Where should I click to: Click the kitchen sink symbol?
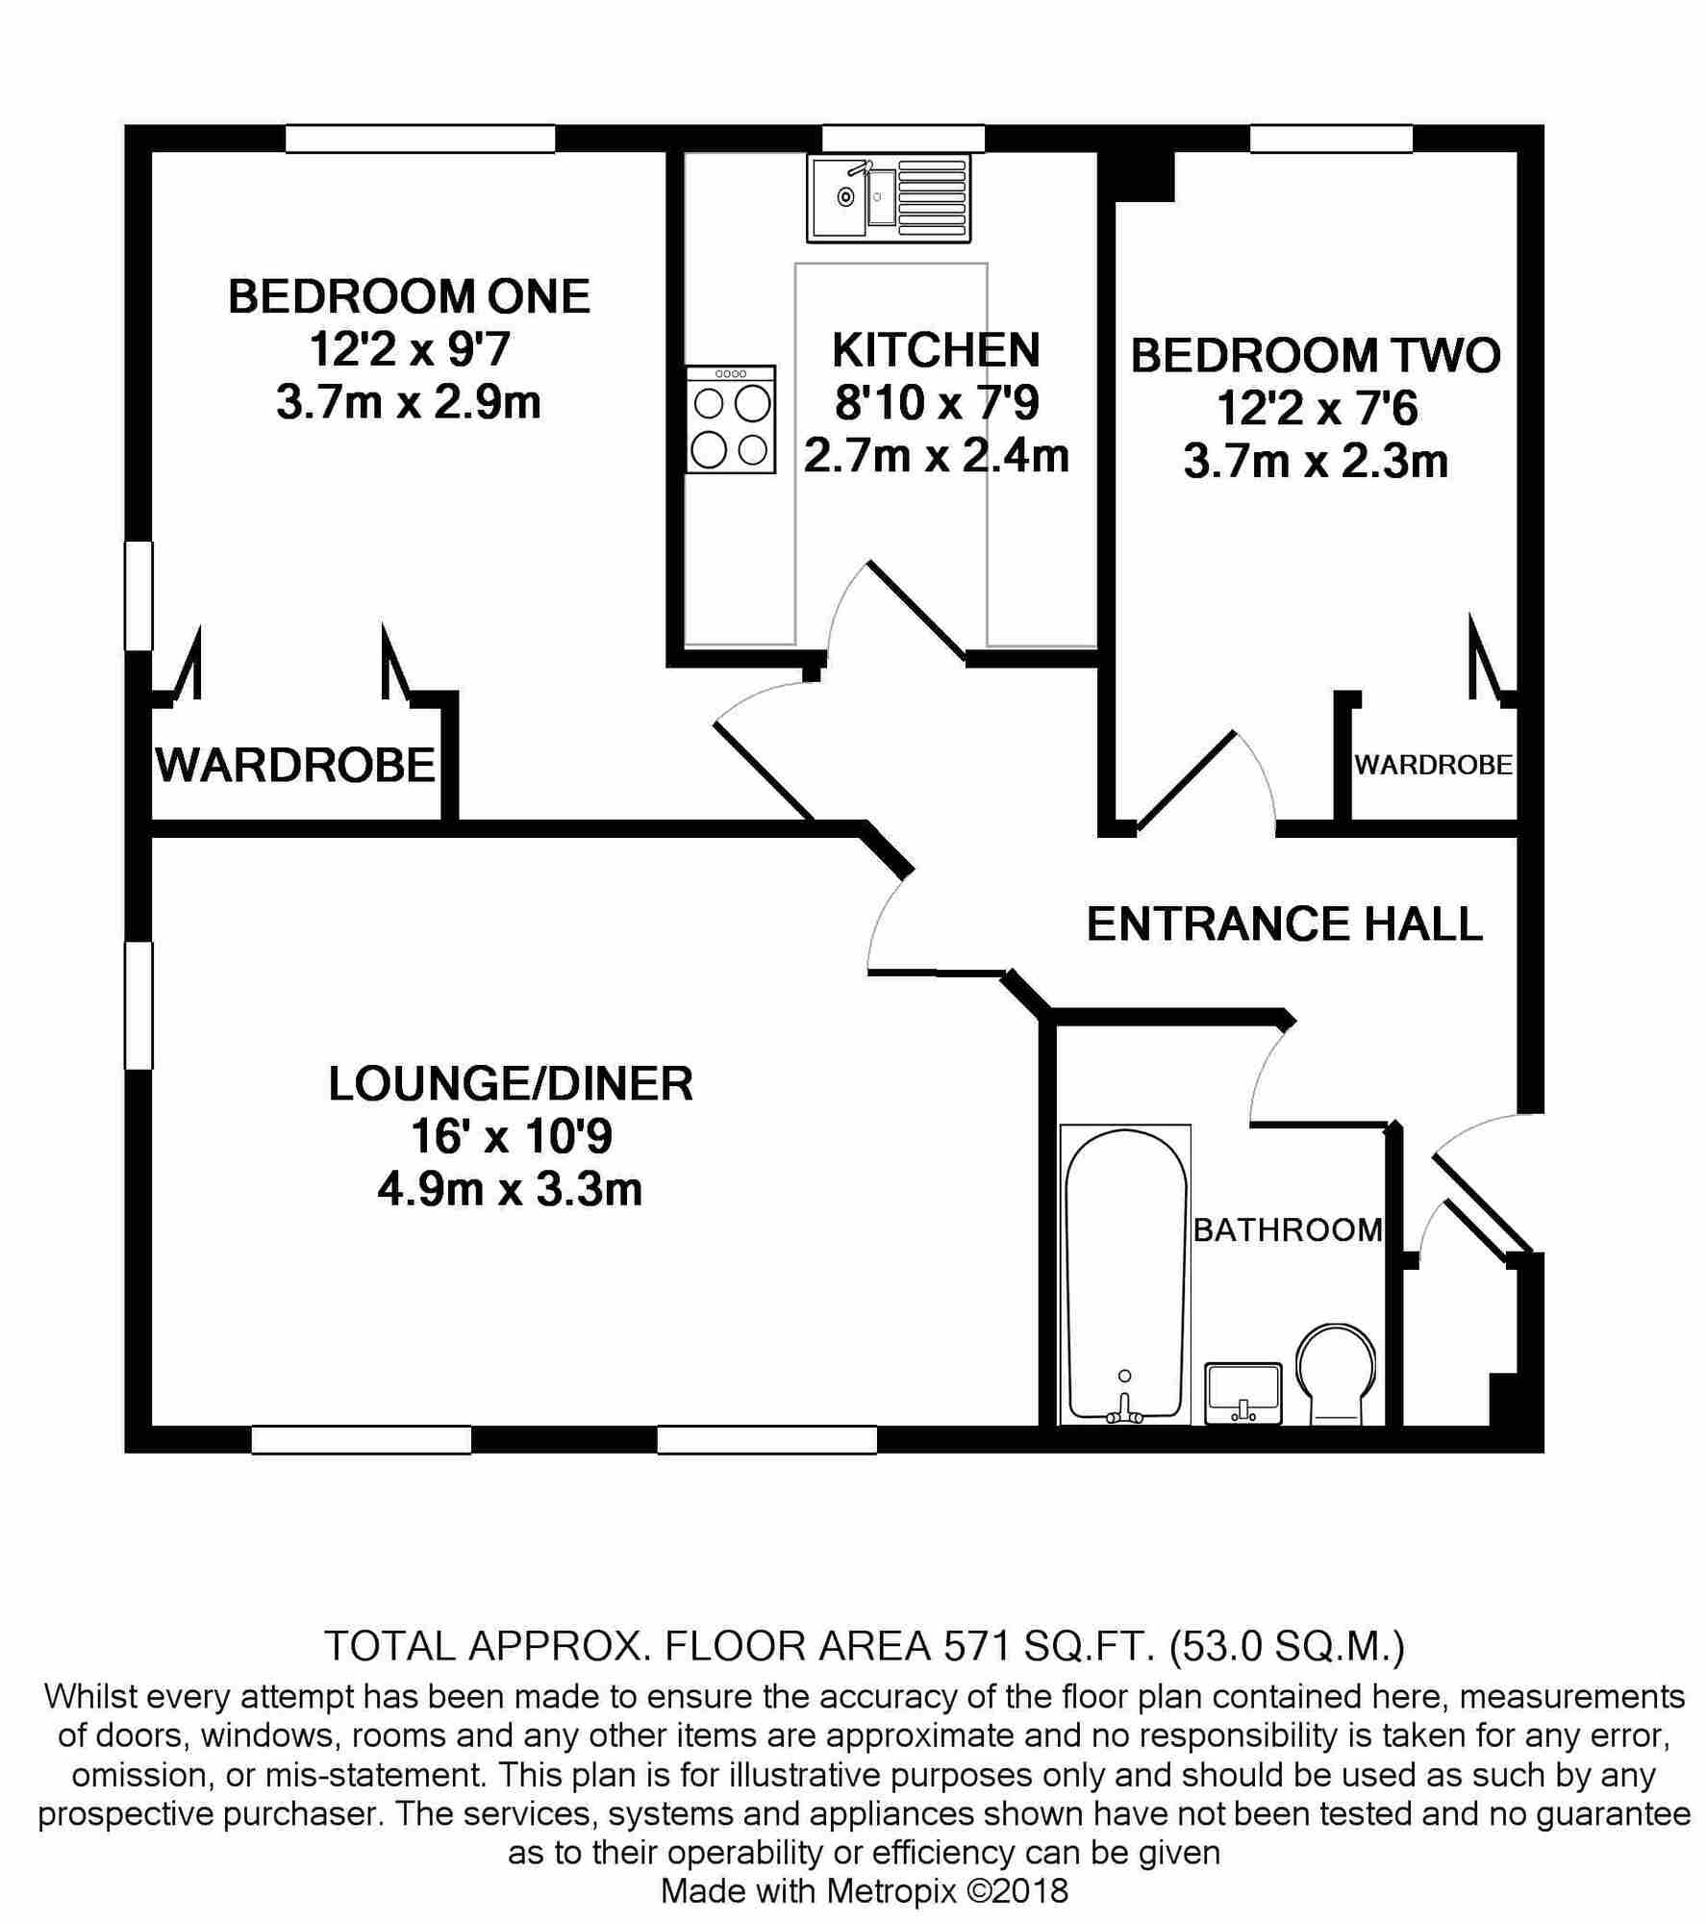[889, 200]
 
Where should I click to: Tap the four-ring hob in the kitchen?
[731, 418]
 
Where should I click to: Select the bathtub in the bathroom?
[1125, 1275]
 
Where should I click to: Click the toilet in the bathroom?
[1335, 1376]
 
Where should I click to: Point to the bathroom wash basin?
[1243, 1393]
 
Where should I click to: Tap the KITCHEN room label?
[936, 350]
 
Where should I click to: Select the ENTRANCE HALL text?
[1284, 924]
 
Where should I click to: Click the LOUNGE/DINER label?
[511, 1084]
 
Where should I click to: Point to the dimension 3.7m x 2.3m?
[1316, 462]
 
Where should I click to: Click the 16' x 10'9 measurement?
[511, 1138]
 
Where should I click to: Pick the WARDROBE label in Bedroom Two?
[1433, 765]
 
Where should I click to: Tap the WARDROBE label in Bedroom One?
[295, 766]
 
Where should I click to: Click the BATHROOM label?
[1288, 1229]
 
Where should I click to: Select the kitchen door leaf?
[918, 612]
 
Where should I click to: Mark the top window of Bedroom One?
[420, 139]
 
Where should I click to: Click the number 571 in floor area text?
[973, 1646]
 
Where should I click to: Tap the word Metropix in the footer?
[891, 1891]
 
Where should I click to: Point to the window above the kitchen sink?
[903, 139]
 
